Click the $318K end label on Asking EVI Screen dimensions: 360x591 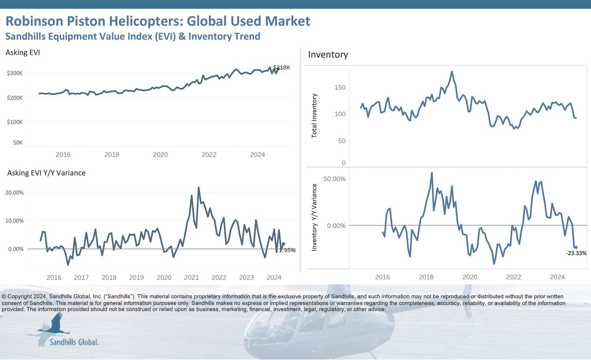(282, 68)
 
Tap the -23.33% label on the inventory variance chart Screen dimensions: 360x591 (576, 253)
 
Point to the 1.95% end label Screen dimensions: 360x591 (287, 250)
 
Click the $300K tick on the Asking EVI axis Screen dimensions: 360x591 (15, 73)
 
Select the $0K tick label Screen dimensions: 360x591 (18, 143)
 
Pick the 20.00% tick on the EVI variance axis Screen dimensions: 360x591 (14, 193)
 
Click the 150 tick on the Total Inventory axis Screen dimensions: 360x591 (340, 87)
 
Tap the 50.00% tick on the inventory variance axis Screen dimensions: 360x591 (334, 179)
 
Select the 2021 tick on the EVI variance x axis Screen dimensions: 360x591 (191, 278)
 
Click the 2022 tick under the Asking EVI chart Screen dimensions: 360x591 (209, 155)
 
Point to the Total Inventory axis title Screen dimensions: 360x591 (314, 115)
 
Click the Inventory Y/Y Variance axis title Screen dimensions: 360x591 (314, 217)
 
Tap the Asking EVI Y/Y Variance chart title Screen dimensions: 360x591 (46, 173)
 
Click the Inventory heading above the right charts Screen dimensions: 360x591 (328, 55)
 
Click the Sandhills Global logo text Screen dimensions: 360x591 (74, 342)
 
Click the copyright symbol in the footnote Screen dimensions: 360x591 (4, 297)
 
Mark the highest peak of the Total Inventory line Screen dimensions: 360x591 (452, 72)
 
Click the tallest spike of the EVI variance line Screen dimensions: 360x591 (199, 187)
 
